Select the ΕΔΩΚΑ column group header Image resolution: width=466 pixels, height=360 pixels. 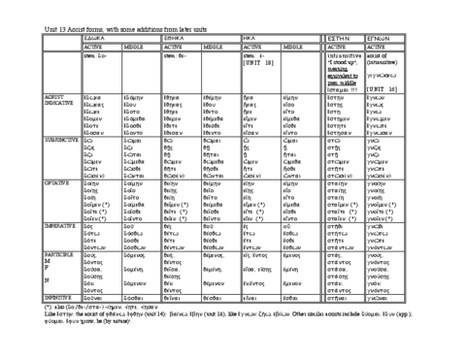click(x=96, y=38)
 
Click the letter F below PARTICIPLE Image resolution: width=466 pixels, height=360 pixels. click(x=50, y=300)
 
